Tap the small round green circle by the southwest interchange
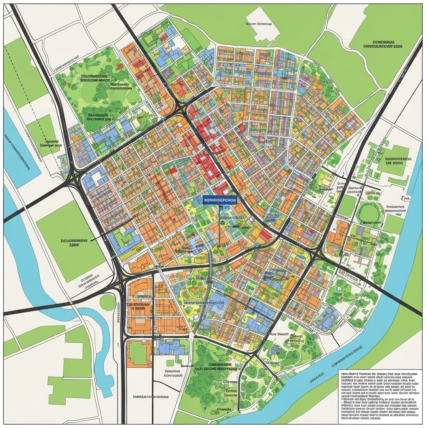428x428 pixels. pos(107,302)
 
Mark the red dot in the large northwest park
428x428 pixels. pos(120,66)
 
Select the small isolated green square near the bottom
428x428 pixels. pos(170,363)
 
